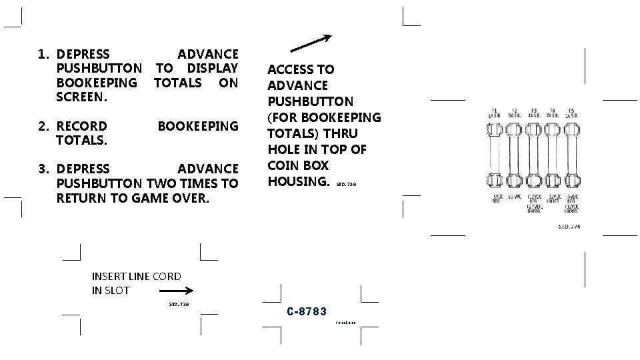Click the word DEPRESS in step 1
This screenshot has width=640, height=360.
tap(84, 53)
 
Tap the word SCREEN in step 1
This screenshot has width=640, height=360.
tap(82, 97)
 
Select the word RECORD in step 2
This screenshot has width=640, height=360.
tap(82, 126)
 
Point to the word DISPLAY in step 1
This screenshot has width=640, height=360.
tap(213, 68)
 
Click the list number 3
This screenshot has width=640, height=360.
tap(43, 169)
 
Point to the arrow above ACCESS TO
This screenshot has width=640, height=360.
tap(313, 42)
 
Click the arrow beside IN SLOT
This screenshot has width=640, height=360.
tap(177, 291)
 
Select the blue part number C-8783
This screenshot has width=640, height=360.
tap(307, 311)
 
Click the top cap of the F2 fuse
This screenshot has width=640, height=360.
tap(514, 130)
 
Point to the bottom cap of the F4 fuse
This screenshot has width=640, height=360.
tap(553, 181)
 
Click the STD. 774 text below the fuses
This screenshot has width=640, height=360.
tap(569, 227)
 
